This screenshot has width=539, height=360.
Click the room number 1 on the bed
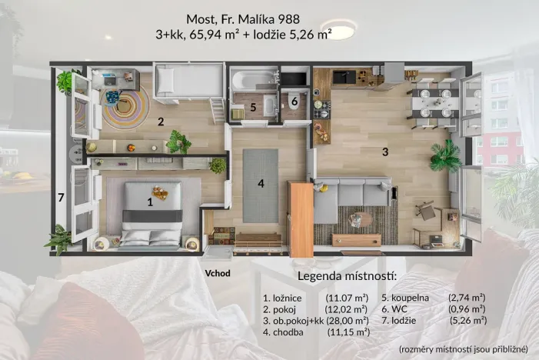150,203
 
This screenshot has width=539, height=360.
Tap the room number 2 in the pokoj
161,121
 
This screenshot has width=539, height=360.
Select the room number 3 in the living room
385,152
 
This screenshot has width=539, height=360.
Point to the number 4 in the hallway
261,183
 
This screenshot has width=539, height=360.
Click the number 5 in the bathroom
253,107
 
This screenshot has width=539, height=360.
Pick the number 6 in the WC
294,101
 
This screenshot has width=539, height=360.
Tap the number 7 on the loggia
61,198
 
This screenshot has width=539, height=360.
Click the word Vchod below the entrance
218,272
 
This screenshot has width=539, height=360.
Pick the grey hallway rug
261,187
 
